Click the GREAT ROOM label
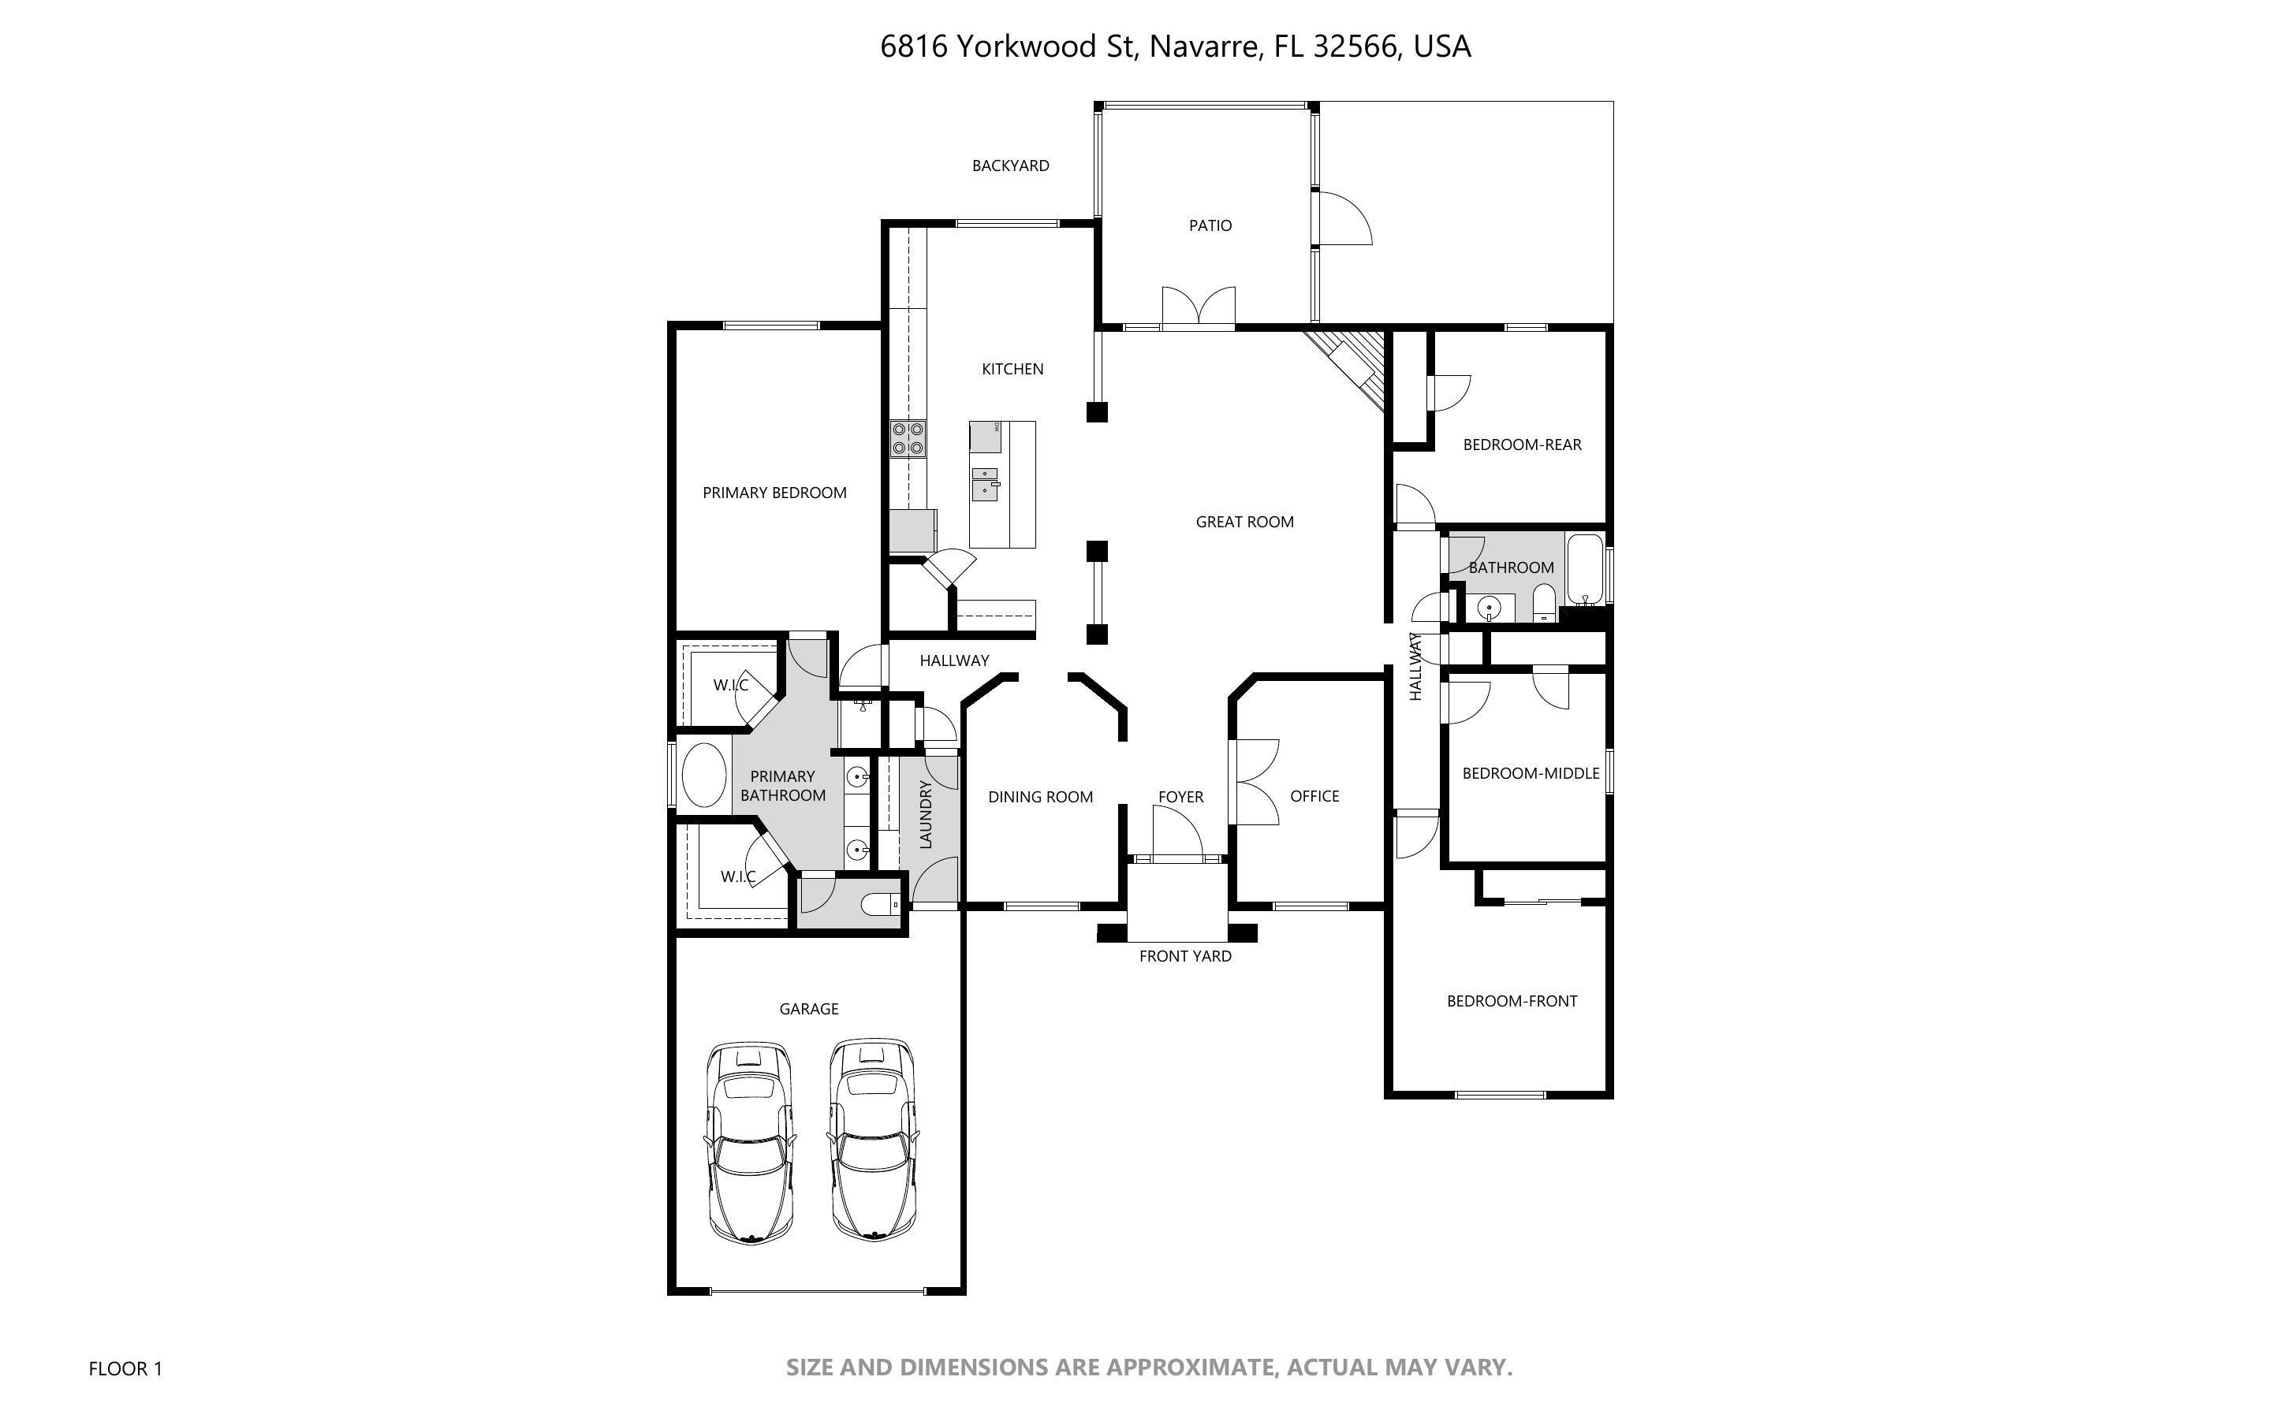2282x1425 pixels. click(x=1244, y=522)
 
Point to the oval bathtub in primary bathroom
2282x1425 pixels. click(x=703, y=775)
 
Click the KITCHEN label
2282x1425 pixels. click(x=1012, y=370)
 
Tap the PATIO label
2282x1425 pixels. click(x=1210, y=226)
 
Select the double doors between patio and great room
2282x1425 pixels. click(x=1198, y=309)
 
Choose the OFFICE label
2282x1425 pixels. click(x=1314, y=796)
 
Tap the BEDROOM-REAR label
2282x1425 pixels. click(x=1521, y=445)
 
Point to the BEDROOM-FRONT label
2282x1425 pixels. click(x=1512, y=1001)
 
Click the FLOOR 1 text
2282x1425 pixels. click(x=125, y=1368)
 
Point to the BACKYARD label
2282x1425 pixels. click(x=1010, y=166)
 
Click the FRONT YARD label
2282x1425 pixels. click(x=1185, y=957)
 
